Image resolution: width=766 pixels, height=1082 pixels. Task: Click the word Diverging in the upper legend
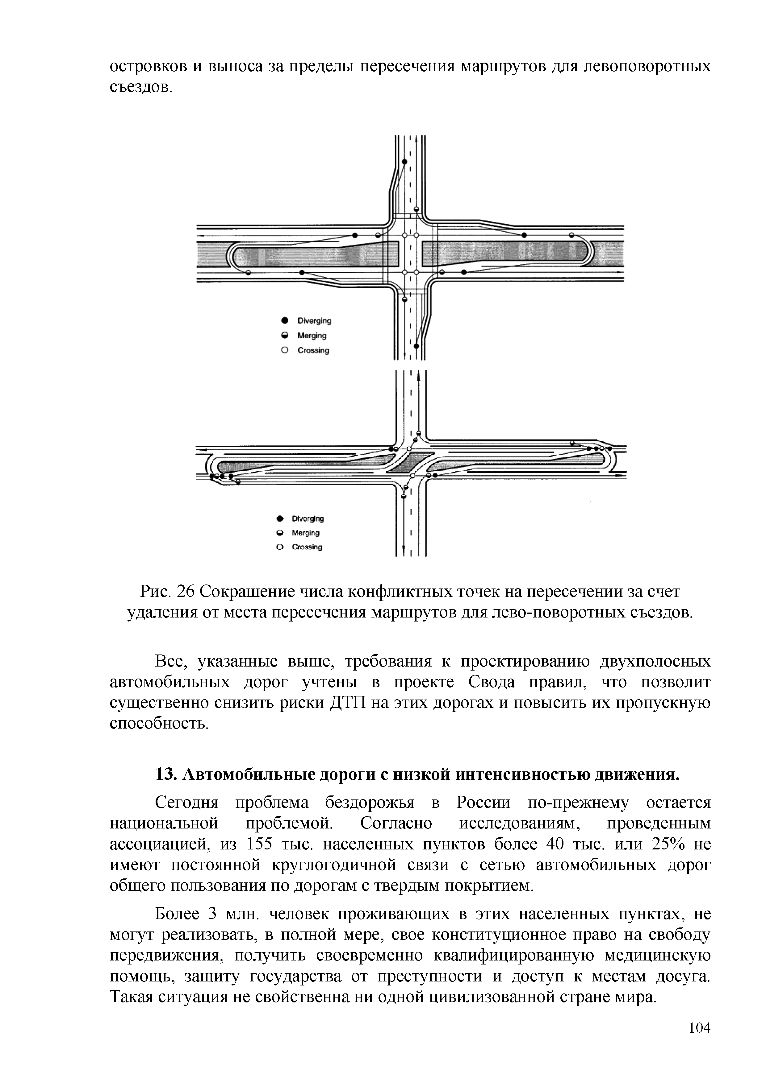(x=314, y=321)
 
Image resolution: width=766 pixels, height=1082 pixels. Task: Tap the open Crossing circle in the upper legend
(x=284, y=350)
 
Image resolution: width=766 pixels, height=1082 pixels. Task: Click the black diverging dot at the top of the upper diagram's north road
(x=404, y=162)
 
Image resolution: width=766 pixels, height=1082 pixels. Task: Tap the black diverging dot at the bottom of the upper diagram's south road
(x=416, y=346)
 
